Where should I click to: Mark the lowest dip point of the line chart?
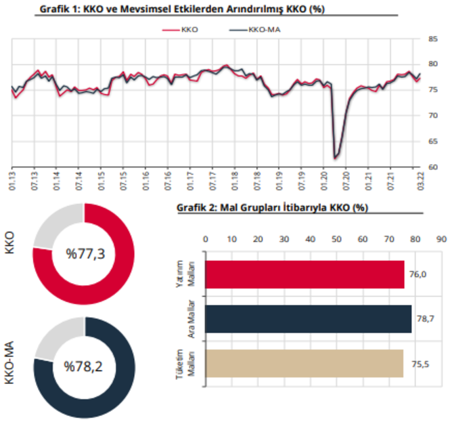335,158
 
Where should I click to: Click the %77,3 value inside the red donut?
83,254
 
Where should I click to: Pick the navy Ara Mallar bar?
309,319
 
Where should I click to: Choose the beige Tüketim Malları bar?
304,363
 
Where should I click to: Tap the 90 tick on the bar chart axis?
440,238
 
